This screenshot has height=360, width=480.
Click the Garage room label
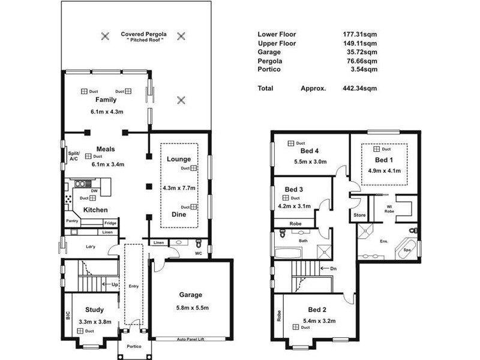190,295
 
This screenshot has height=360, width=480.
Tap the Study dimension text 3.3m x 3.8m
95,322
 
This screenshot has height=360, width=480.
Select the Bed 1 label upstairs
384,160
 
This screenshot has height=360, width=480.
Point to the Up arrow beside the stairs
106,284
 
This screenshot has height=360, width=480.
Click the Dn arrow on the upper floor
324,268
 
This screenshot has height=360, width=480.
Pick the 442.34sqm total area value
359,88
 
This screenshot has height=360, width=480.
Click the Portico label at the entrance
134,346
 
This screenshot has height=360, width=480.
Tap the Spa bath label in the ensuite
407,250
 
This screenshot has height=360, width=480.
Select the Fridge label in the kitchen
110,223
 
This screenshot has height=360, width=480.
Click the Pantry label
72,221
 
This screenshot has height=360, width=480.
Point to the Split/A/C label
74,156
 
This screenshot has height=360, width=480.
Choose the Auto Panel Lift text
190,339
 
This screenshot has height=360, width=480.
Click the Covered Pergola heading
143,34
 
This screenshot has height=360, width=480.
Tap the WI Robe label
389,209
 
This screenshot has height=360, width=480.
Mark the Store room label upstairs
359,215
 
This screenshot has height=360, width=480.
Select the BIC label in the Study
68,316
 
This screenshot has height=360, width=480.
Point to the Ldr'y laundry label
91,247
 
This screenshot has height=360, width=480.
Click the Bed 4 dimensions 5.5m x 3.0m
310,161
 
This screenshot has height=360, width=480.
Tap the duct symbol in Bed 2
296,327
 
